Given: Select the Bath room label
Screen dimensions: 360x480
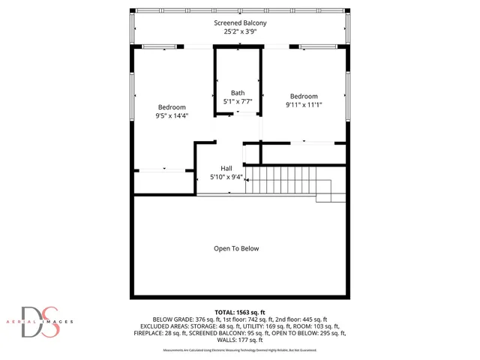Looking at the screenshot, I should point(238,93).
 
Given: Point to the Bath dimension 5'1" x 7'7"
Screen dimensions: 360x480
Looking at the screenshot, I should point(238,101).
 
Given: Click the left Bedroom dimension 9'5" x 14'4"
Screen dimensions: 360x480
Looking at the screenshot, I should point(172,115).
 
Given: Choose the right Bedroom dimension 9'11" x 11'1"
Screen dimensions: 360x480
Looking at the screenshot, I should point(304,105).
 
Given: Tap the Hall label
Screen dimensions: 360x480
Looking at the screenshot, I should point(226,168).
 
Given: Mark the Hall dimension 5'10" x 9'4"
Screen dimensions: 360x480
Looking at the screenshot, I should point(226,177).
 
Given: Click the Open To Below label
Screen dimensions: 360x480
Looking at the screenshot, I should point(236,248).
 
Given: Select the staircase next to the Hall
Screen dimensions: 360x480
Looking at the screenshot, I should point(289,181).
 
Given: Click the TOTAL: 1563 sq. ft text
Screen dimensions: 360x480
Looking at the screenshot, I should point(239,311).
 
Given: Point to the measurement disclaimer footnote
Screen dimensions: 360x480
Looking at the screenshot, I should point(239,349).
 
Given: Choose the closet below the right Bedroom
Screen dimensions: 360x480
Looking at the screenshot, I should point(304,152).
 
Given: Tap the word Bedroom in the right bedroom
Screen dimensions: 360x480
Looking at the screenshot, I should point(304,97).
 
